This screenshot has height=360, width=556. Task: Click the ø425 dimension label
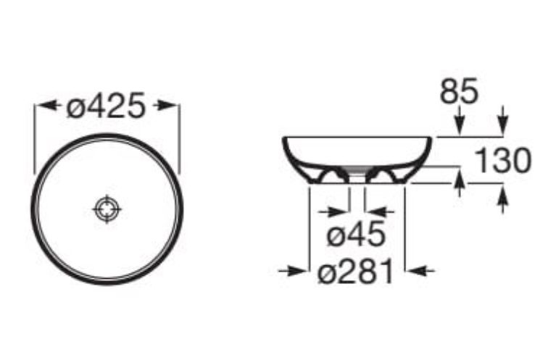(x=106, y=106)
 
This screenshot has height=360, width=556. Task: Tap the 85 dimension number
(x=459, y=91)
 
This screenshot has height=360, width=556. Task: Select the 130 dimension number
(x=503, y=161)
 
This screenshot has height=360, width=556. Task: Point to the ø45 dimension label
(x=356, y=233)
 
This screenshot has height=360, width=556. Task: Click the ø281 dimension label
(x=356, y=271)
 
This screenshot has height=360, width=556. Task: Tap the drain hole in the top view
(x=107, y=209)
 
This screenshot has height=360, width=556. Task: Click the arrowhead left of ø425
(x=47, y=105)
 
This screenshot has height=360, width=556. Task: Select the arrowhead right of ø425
(x=166, y=105)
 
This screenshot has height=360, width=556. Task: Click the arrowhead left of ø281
(x=293, y=272)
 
